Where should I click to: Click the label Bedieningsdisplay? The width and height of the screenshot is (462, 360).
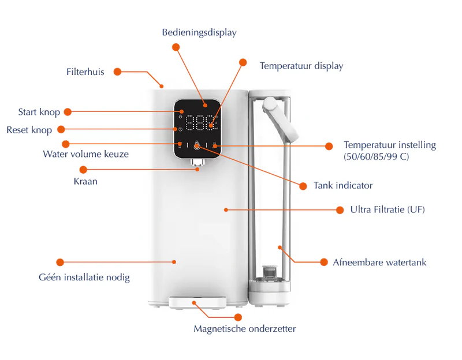[199, 33]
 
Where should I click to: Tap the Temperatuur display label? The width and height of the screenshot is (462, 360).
[301, 66]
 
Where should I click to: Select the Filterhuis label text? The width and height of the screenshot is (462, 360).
[85, 72]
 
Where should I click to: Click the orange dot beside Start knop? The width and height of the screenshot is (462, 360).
[67, 112]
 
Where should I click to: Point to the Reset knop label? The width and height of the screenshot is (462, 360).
[29, 130]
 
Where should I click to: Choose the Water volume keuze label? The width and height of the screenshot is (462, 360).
[85, 154]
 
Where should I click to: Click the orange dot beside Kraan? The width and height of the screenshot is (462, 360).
[83, 170]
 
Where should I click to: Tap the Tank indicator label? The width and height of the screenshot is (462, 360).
[342, 186]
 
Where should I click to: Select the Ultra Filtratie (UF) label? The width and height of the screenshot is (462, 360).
[388, 209]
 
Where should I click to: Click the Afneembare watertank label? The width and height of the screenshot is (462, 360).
[379, 262]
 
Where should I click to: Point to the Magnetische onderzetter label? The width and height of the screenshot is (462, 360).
[244, 329]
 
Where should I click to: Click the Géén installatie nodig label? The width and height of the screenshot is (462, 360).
[84, 277]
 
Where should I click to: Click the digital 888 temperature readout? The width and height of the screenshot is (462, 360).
[197, 125]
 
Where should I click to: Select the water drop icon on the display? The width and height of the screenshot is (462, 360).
[197, 146]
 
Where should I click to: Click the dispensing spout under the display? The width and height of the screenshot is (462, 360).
[198, 168]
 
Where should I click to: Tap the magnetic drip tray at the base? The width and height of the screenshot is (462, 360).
[197, 302]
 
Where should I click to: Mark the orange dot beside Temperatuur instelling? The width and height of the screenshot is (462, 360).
[329, 146]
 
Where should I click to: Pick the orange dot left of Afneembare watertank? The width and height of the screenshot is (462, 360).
[324, 262]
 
